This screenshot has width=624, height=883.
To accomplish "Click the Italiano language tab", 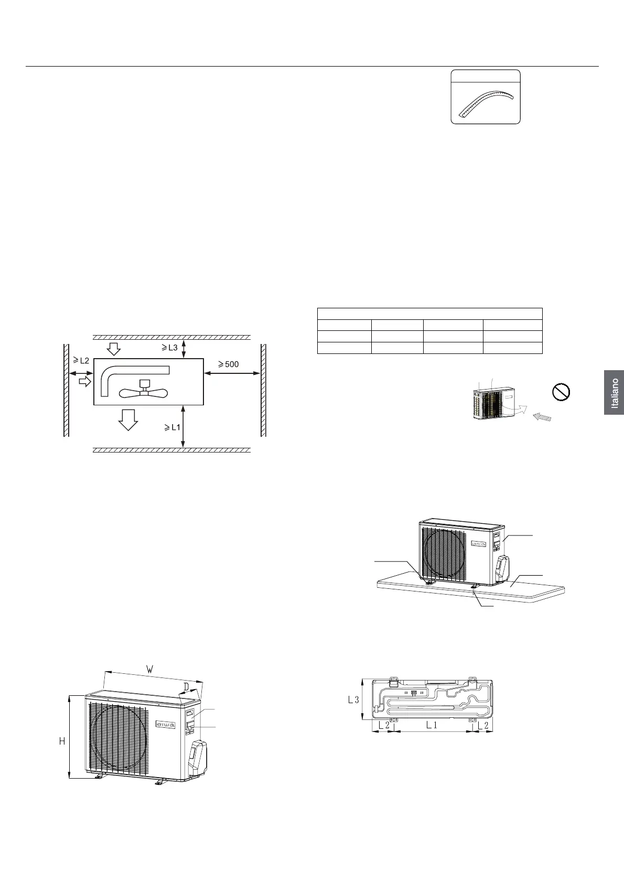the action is (614, 393).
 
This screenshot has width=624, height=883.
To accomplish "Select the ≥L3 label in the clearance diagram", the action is (170, 347).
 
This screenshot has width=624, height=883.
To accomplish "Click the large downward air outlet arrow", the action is (128, 419).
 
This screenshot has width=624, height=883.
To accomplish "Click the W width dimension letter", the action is (150, 670).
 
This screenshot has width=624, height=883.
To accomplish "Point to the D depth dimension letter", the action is (186, 687).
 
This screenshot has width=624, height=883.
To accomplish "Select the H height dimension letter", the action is (61, 741).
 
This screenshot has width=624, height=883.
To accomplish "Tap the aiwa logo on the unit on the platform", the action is (480, 543).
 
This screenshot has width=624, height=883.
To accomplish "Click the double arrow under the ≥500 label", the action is (231, 373).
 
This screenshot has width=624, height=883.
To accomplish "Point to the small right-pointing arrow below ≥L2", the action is (84, 382).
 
